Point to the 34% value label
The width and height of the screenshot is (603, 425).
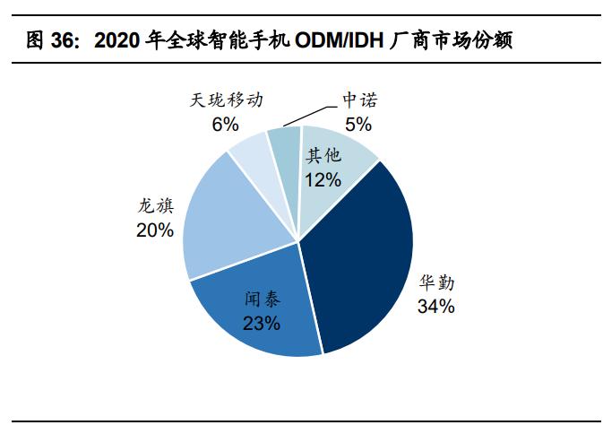pyautogui.click(x=435, y=307)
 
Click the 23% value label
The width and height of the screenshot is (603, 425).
pyautogui.click(x=262, y=323)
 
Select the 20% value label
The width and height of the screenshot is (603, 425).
pyautogui.click(x=155, y=230)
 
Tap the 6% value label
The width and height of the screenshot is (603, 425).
pyautogui.click(x=225, y=123)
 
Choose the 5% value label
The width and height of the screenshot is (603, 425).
pyautogui.click(x=357, y=123)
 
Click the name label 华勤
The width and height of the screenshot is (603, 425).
pyautogui.click(x=436, y=283)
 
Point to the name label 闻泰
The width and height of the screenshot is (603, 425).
pyautogui.click(x=262, y=300)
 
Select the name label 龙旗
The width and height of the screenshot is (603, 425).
pyautogui.click(x=155, y=207)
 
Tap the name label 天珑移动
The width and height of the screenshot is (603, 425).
pyautogui.click(x=226, y=100)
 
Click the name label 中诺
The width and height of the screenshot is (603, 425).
pyautogui.click(x=357, y=100)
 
